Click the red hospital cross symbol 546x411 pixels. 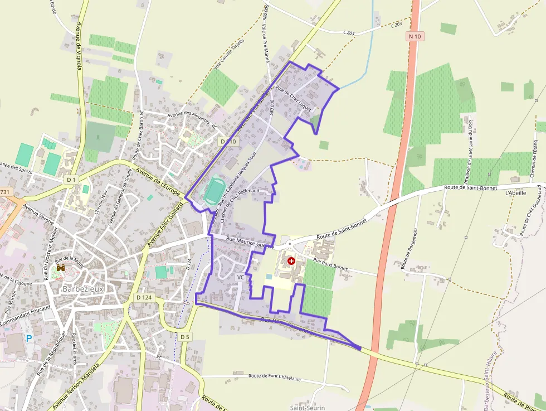291,260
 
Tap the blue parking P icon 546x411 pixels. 28,338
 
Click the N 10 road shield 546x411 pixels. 415,36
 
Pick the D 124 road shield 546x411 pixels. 144,297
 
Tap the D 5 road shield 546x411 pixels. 185,337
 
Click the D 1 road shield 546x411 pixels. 71,180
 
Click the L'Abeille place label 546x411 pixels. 515,193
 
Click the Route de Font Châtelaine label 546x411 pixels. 275,378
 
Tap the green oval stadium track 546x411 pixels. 212,191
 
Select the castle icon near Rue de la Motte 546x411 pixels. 60,268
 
